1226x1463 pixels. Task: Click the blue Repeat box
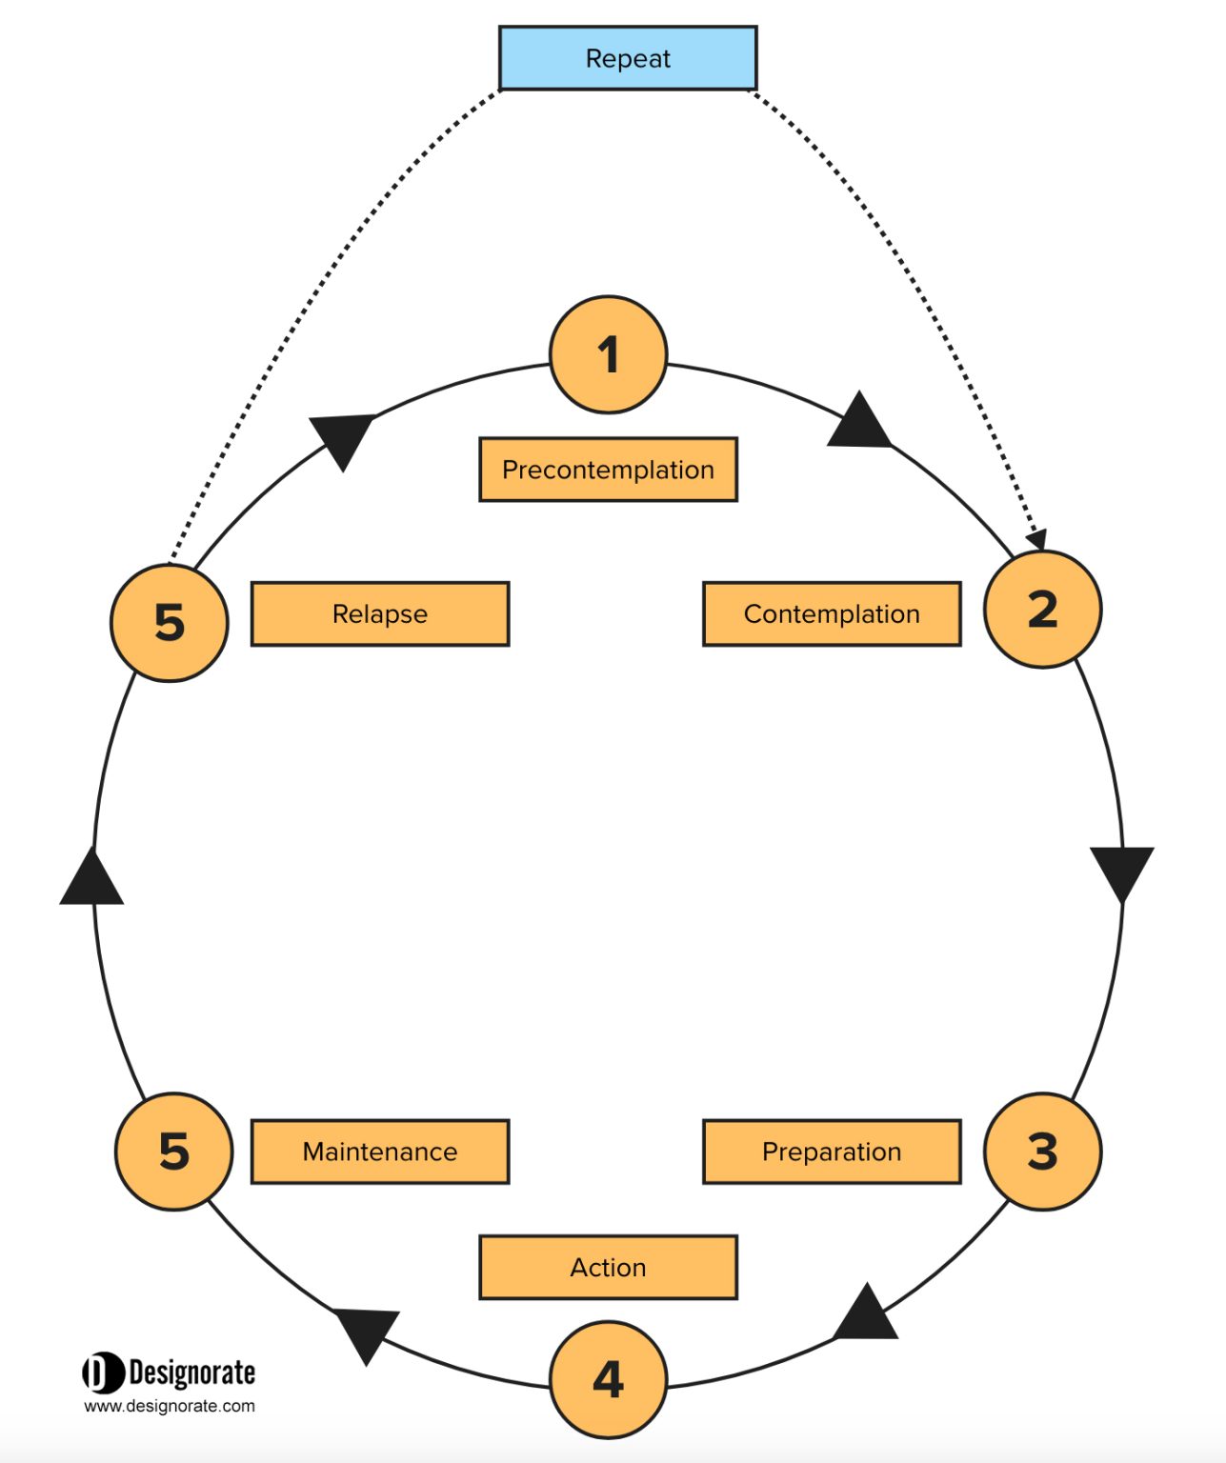click(x=628, y=58)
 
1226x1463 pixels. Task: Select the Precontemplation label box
click(x=608, y=470)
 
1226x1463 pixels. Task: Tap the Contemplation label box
click(x=832, y=613)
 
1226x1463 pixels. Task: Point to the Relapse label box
click(x=380, y=613)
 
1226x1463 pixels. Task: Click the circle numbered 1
click(x=609, y=354)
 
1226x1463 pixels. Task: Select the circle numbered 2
click(x=1043, y=610)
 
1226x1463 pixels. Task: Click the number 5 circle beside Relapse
click(x=170, y=622)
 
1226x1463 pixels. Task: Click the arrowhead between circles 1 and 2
click(x=859, y=423)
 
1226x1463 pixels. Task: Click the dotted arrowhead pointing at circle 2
click(x=1037, y=539)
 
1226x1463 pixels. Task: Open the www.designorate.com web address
click(x=170, y=1406)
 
